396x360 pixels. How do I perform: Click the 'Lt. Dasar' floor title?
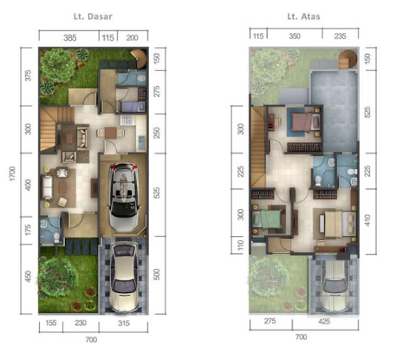[93, 16]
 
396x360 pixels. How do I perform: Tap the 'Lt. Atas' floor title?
[303, 16]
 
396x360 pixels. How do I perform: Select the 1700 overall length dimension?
[12, 173]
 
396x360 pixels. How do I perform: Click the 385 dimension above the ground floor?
[70, 37]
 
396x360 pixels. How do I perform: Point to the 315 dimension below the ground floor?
[124, 323]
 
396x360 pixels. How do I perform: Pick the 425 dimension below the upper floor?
[324, 321]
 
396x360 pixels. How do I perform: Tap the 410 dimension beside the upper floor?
[367, 220]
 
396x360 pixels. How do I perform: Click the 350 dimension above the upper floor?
[295, 36]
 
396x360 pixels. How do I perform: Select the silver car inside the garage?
[123, 197]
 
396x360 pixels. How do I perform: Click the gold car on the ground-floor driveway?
[124, 277]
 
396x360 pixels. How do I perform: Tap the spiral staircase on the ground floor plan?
[139, 59]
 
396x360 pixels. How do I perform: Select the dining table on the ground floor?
[110, 133]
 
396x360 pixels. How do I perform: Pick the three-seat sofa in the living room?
[47, 187]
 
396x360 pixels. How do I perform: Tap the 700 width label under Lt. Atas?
[301, 337]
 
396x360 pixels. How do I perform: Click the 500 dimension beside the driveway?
[157, 274]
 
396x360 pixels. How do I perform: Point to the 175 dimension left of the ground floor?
[28, 230]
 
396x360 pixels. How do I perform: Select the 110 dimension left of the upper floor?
[240, 245]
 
